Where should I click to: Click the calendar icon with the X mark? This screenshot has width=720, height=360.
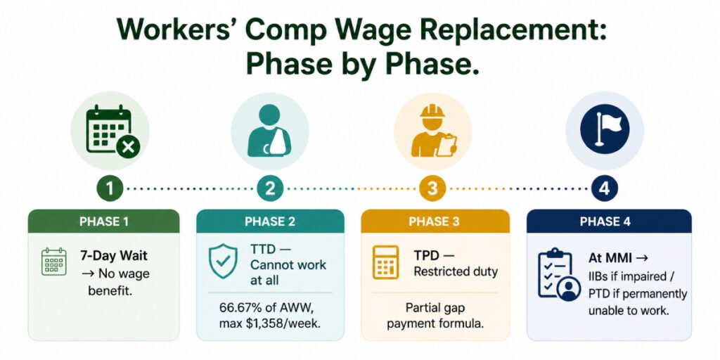click(x=111, y=131)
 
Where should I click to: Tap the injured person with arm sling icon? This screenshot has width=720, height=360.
click(x=269, y=131)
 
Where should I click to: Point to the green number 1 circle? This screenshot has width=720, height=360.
click(x=110, y=188)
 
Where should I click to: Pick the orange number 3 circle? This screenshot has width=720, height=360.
click(x=433, y=188)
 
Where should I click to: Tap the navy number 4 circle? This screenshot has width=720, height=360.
click(x=605, y=188)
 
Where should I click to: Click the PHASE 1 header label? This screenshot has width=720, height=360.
click(x=104, y=221)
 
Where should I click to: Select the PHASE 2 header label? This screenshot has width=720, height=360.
click(x=270, y=221)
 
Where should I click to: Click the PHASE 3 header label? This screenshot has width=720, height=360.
click(x=434, y=221)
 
